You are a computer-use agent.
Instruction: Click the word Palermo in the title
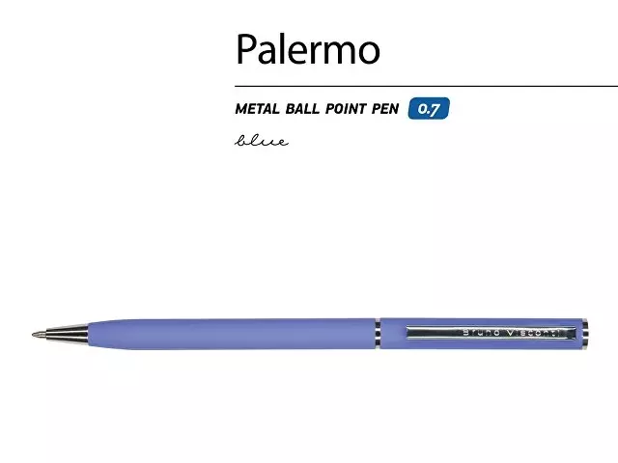tap(308, 49)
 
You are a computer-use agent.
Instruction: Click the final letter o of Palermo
tap(369, 54)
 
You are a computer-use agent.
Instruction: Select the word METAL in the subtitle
tap(258, 109)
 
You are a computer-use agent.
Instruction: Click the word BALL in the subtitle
tap(302, 109)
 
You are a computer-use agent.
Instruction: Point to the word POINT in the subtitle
tap(346, 109)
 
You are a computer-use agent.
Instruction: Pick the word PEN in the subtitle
tap(385, 109)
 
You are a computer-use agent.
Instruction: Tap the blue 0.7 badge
tap(429, 108)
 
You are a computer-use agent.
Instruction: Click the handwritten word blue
tap(262, 141)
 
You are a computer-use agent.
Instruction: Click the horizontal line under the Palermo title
tap(427, 86)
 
